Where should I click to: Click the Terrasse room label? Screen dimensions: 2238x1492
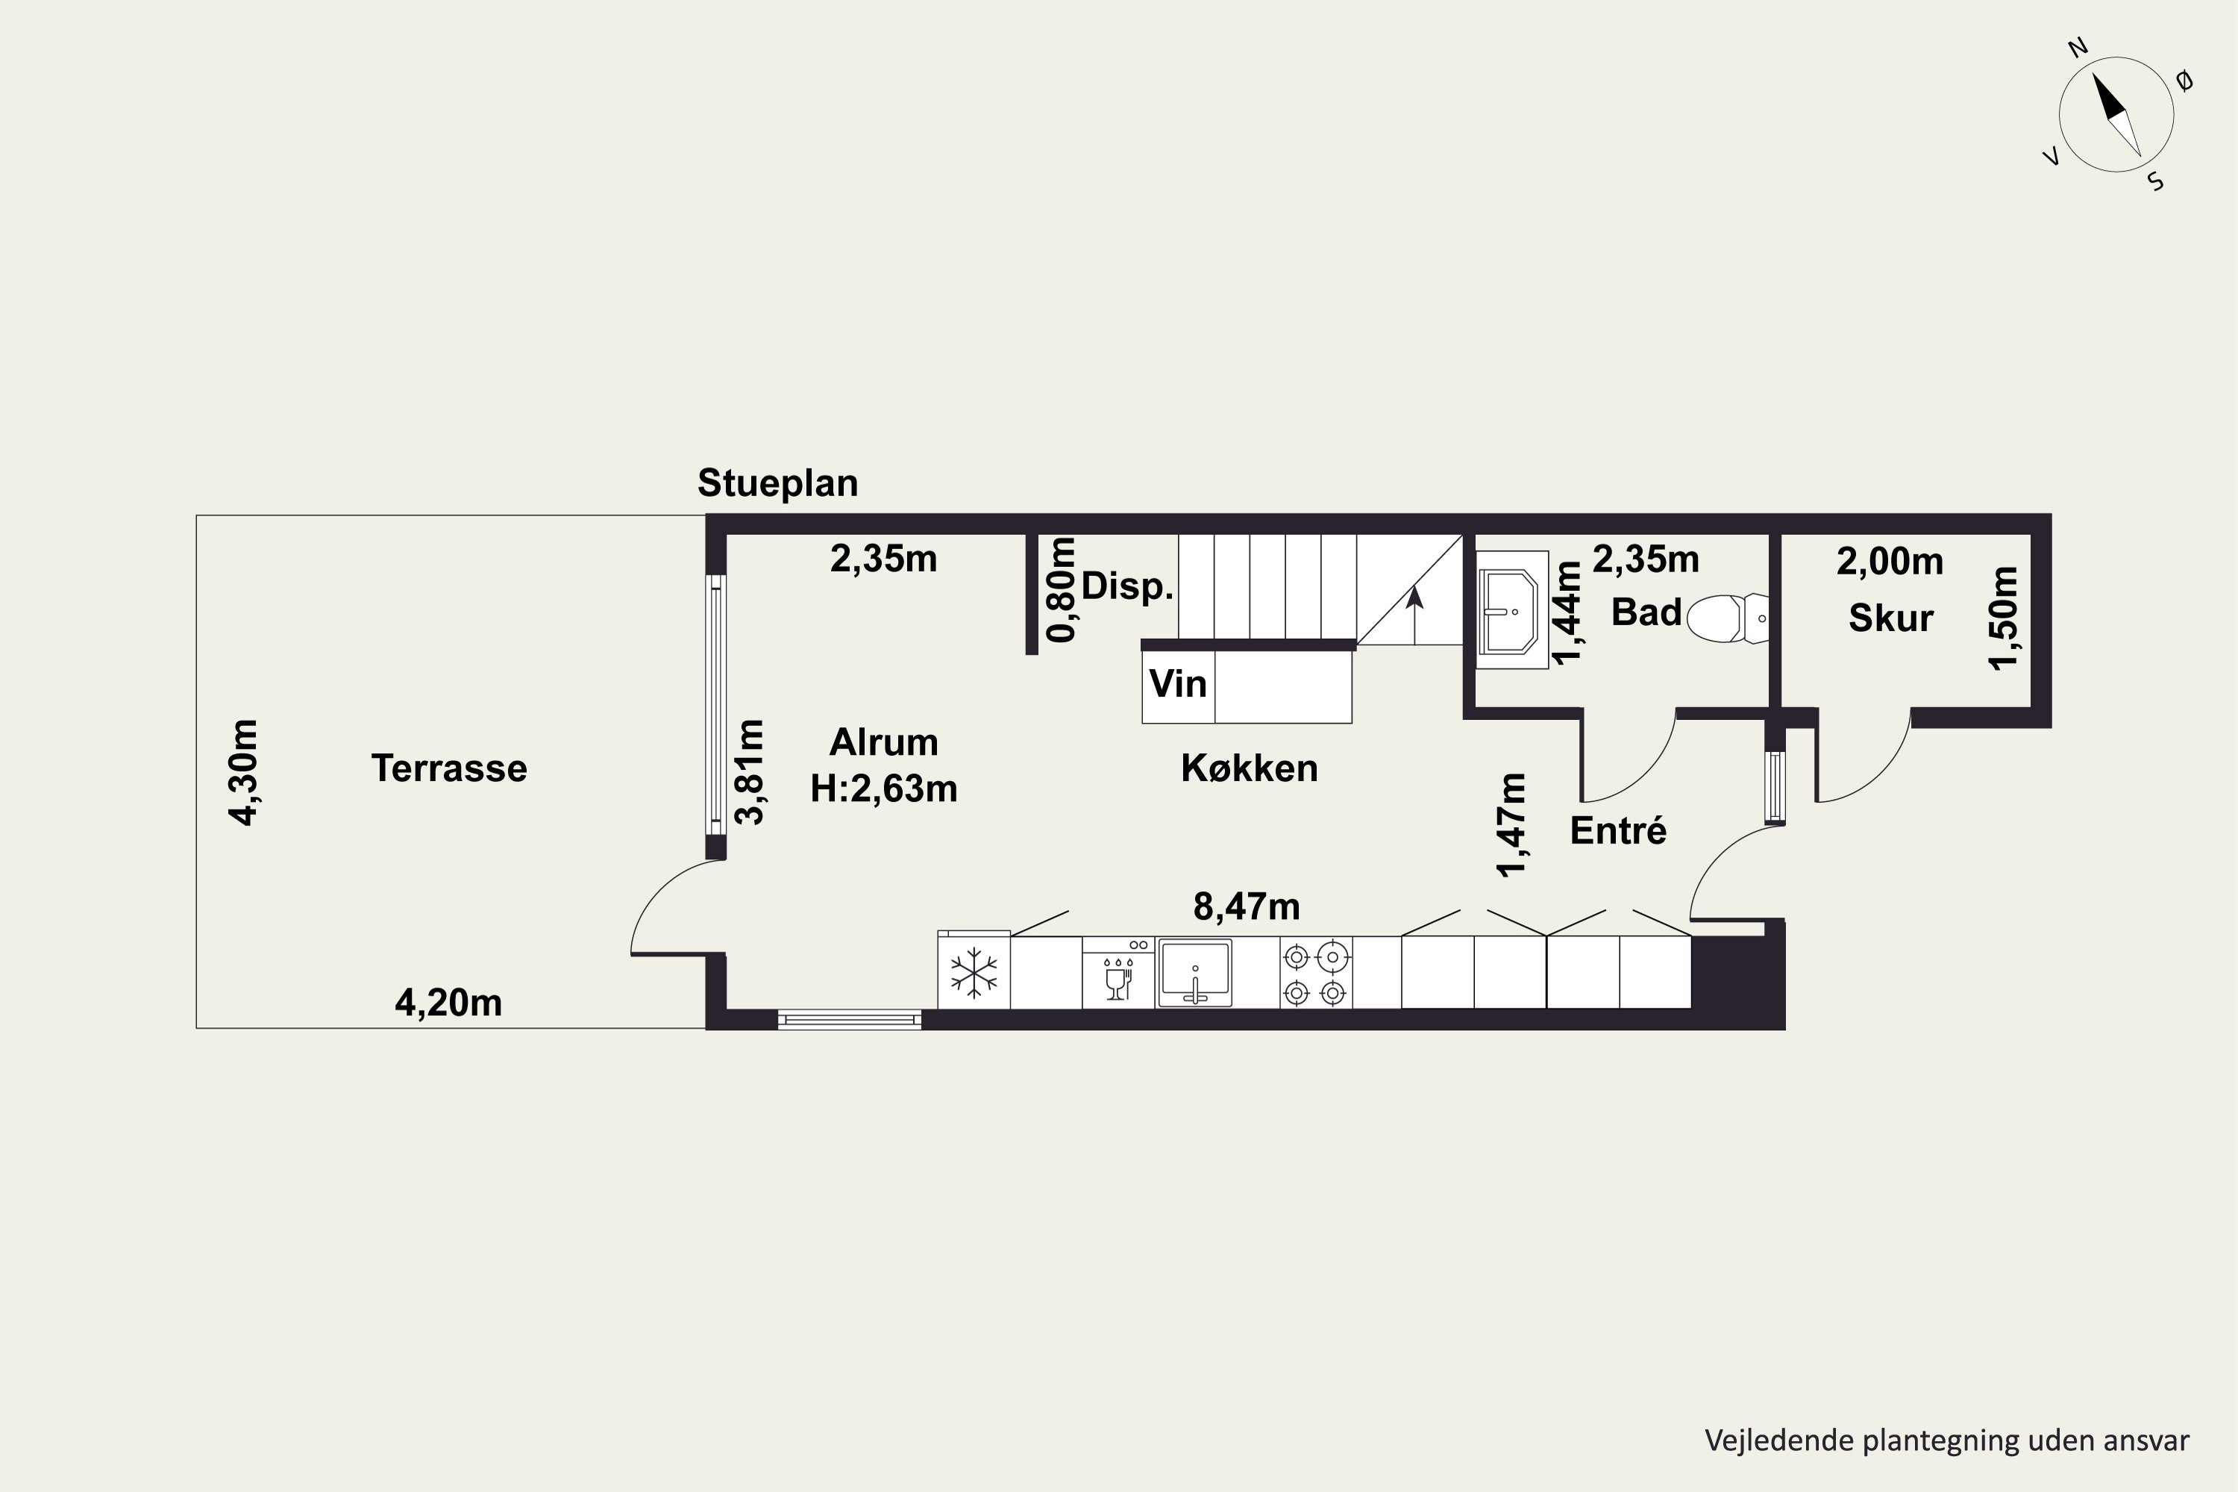449,768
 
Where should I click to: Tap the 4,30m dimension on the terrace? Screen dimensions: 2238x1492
244,773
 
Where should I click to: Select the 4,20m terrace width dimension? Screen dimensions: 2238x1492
448,1003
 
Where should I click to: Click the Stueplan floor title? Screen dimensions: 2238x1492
777,483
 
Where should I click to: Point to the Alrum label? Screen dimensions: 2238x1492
884,742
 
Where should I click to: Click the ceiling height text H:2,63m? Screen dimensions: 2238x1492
884,789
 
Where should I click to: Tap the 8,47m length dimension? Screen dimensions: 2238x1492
1247,907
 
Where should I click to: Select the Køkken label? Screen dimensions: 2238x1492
1250,768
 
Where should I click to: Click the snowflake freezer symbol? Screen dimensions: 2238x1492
974,973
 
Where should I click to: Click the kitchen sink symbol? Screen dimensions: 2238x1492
1195,973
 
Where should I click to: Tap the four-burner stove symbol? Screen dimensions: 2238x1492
1315,974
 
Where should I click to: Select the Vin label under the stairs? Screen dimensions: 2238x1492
1178,684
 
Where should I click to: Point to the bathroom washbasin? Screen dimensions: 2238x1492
1512,611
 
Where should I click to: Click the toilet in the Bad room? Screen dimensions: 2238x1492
1728,618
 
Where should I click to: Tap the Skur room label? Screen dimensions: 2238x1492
1890,618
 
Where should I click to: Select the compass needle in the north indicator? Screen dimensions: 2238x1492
2116,115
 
